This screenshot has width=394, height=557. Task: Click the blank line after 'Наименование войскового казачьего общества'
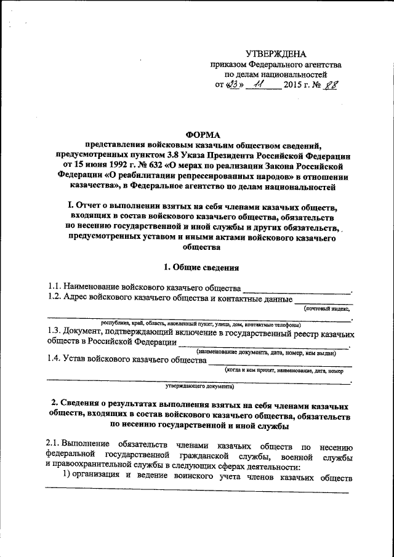[296, 289]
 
